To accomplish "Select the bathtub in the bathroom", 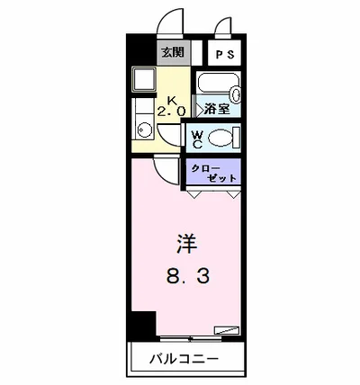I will point(217,91).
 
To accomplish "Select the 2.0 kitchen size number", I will point(171,112).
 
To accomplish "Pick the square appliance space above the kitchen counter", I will point(142,82).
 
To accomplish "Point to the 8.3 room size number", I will point(187,275).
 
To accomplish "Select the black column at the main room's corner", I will point(139,324).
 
